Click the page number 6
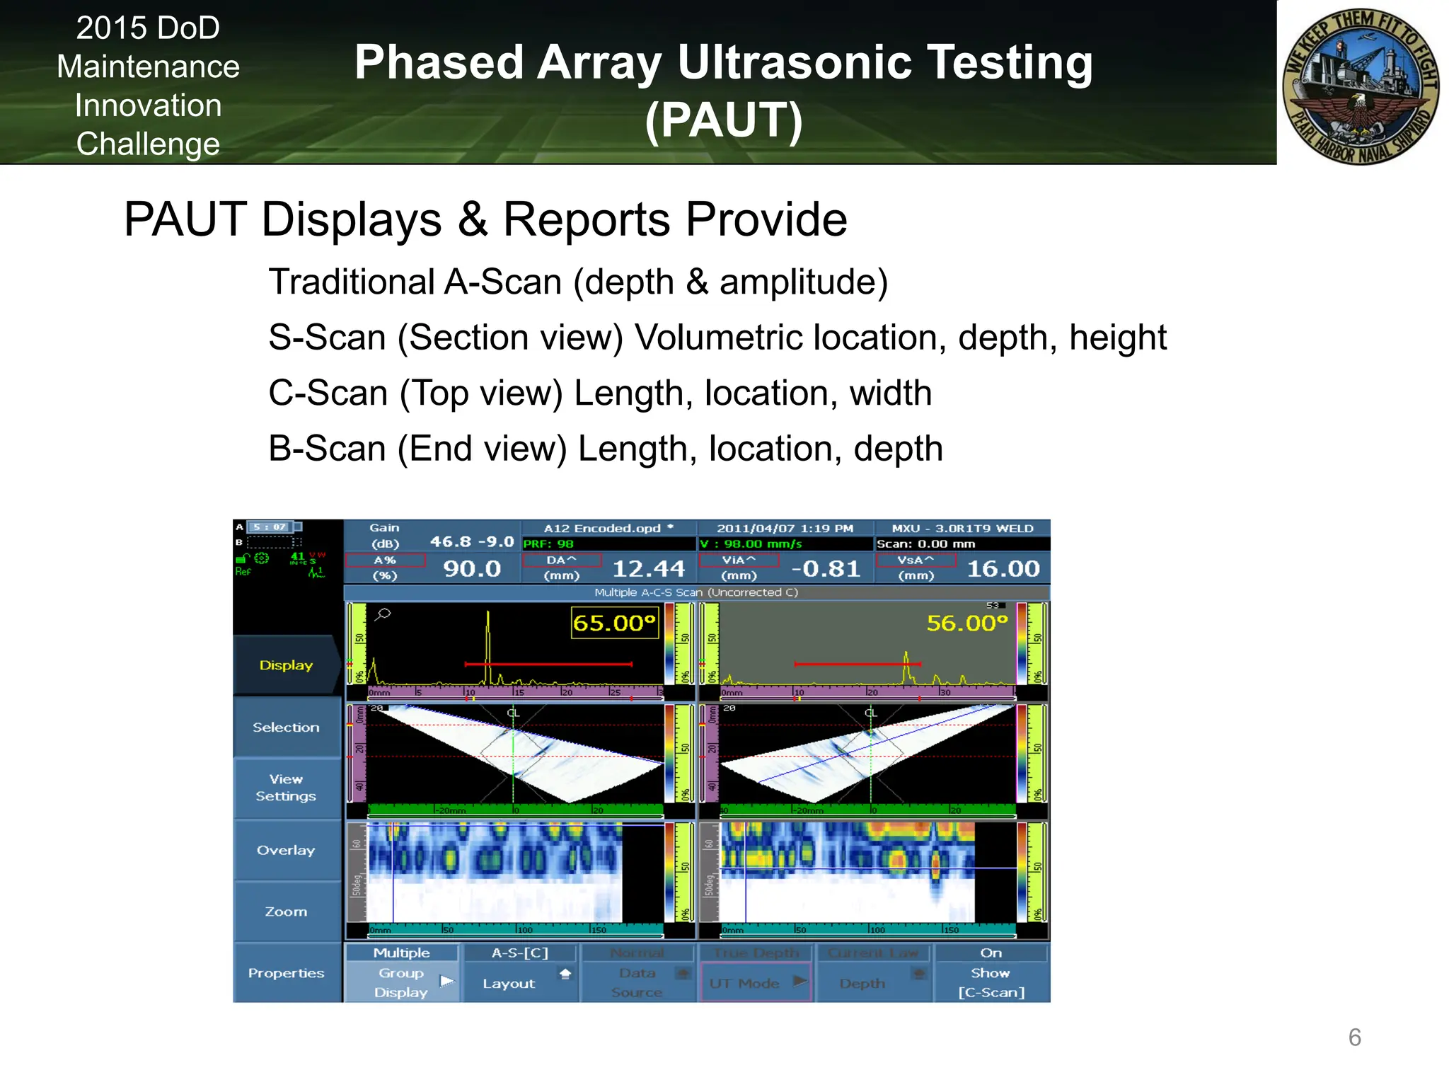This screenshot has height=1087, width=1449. pyautogui.click(x=1354, y=1037)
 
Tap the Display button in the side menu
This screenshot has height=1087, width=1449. pyautogui.click(x=286, y=665)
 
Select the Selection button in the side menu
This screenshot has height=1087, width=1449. pyautogui.click(x=286, y=727)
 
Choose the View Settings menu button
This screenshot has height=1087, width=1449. pyautogui.click(x=286, y=788)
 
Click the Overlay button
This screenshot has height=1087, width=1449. pyautogui.click(x=286, y=850)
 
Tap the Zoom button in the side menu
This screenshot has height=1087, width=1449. pyautogui.click(x=286, y=911)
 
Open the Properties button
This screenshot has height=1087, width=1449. pyautogui.click(x=286, y=973)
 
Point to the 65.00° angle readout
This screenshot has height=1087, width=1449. pyautogui.click(x=614, y=623)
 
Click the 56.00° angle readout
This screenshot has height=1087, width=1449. pyautogui.click(x=966, y=623)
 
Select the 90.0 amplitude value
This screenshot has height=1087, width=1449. pyautogui.click(x=472, y=569)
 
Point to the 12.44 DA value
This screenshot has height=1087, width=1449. pyautogui.click(x=648, y=569)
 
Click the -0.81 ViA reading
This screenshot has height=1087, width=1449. pyautogui.click(x=826, y=569)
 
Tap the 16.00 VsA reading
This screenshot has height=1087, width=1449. pyautogui.click(x=1003, y=569)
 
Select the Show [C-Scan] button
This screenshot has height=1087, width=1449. pyautogui.click(x=991, y=974)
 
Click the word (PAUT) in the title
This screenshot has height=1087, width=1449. pyautogui.click(x=724, y=120)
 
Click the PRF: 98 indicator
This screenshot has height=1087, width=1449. pyautogui.click(x=548, y=544)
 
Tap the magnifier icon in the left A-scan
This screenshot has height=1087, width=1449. pyautogui.click(x=383, y=614)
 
